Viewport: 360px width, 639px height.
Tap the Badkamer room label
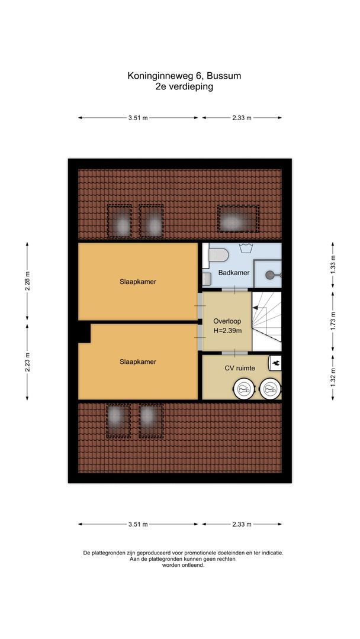tap(233, 273)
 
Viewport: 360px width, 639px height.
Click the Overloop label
tap(227, 321)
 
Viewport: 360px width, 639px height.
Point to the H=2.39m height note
tap(227, 330)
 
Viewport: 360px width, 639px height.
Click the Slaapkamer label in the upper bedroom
tap(138, 282)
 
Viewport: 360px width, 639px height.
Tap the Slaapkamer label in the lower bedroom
tap(138, 362)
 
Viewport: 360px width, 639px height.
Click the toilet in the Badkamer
tap(219, 254)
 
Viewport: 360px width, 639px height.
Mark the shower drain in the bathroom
tap(271, 274)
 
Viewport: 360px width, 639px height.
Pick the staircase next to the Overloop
tap(266, 321)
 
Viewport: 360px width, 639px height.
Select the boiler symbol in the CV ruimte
tap(276, 362)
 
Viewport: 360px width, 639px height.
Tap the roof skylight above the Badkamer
tap(237, 220)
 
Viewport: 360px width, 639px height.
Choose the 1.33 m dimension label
tap(333, 263)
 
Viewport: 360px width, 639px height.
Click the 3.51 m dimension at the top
tap(138, 118)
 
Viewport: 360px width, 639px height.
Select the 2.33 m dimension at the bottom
tap(242, 524)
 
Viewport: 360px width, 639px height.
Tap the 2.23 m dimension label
tap(27, 360)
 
